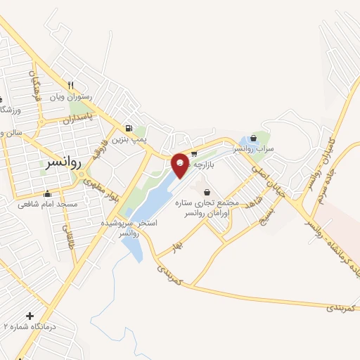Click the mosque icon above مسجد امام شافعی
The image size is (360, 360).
tap(48, 194)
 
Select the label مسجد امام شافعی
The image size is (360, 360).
tap(46, 205)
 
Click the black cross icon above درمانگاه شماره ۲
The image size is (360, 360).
tap(30, 316)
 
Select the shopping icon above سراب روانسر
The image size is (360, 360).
tap(253, 139)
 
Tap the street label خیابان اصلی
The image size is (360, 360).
tap(268, 175)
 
